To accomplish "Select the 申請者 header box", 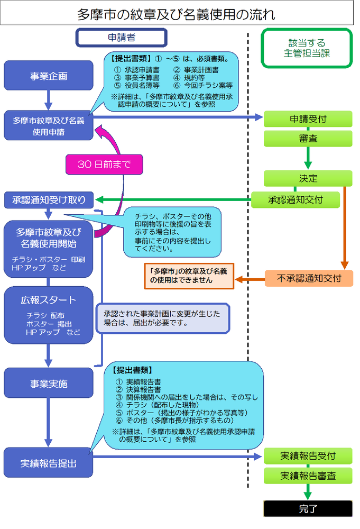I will tap(121, 38).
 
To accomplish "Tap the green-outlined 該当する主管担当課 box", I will tap(307, 48).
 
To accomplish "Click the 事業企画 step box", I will tap(49, 76).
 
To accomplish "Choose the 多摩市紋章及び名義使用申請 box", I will tap(49, 126).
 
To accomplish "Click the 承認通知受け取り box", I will tap(49, 200).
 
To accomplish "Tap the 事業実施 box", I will tap(49, 384).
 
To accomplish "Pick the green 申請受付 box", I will tap(308, 119).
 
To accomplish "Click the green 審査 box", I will tap(308, 139).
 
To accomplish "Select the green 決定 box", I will tap(308, 178).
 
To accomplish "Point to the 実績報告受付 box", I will tap(308, 455).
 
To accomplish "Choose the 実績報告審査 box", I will tap(308, 475).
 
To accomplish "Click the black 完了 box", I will tap(308, 508).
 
